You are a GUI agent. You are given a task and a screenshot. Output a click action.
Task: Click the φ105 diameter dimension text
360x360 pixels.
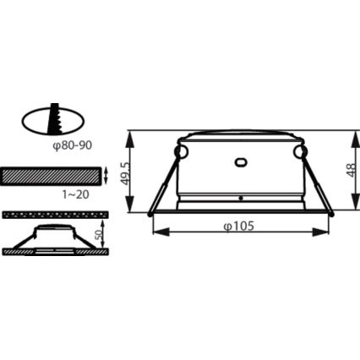240,226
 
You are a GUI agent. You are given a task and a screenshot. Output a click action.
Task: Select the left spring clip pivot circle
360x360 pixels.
180,151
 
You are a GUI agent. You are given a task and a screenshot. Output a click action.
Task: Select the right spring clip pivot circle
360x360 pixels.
300,151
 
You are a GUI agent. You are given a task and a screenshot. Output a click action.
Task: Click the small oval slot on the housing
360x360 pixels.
240,161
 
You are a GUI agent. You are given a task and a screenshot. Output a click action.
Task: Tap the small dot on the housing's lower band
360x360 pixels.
240,199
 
